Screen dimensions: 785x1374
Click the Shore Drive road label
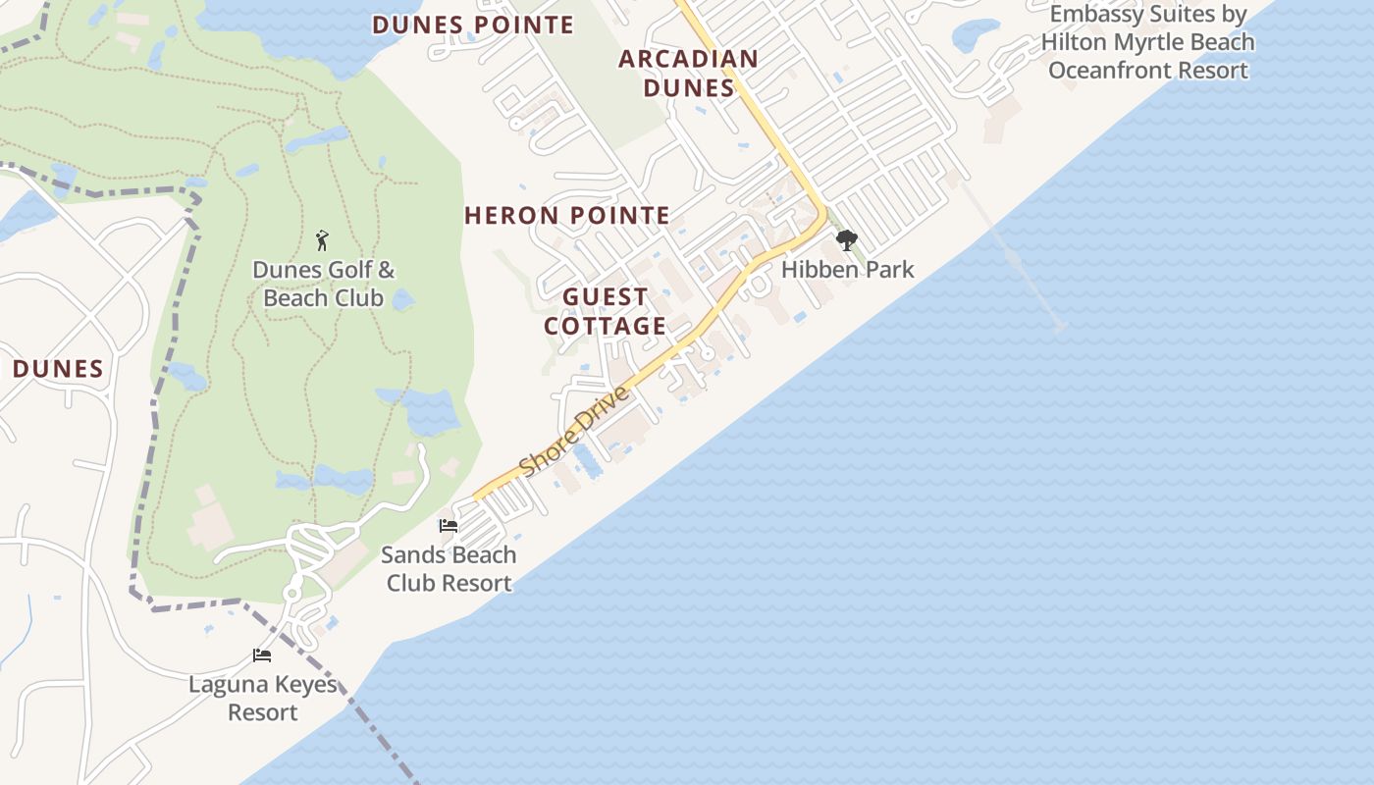[574, 432]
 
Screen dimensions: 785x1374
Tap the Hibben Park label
[848, 269]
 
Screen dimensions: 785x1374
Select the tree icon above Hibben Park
[846, 240]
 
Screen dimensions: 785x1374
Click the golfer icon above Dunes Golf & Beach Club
[322, 240]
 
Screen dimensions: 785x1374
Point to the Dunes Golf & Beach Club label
[324, 284]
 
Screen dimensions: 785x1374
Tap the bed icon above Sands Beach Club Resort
[449, 526]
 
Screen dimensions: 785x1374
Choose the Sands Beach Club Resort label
[449, 568]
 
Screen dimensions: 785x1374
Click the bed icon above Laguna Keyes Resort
[262, 654]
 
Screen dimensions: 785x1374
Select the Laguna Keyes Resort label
[263, 698]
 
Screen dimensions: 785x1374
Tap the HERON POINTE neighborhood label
[567, 216]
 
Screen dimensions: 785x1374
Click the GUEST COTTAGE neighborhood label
[606, 311]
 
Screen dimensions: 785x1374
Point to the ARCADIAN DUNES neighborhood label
[689, 73]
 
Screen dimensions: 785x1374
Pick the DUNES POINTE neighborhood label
[473, 26]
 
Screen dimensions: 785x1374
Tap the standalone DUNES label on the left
[58, 369]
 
